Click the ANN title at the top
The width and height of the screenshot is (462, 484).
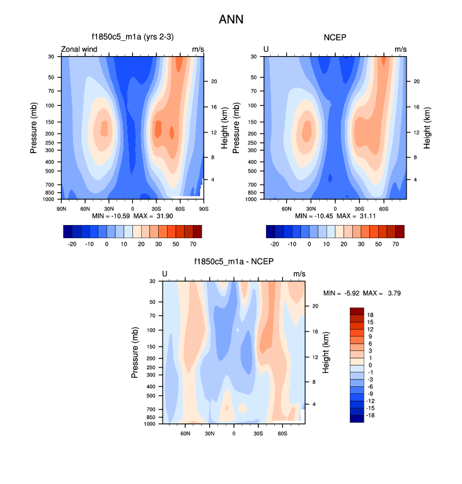click(231, 20)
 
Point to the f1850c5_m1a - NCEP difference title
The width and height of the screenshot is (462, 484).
click(233, 262)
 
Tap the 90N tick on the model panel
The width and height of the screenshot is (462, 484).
click(62, 208)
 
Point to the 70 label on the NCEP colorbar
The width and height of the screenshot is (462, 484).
click(399, 243)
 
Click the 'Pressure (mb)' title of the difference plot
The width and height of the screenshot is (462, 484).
click(135, 352)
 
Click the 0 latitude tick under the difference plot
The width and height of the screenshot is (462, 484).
click(234, 433)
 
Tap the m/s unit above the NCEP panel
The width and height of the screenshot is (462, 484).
click(401, 49)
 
